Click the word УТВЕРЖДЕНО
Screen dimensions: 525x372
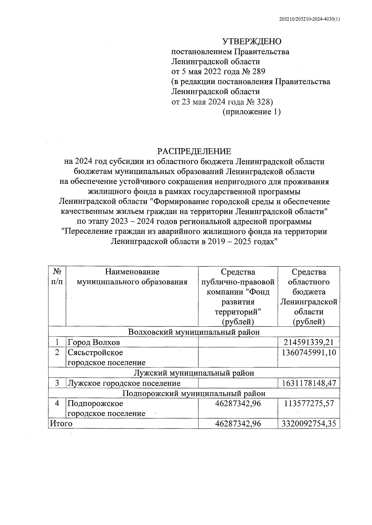(x=252, y=42)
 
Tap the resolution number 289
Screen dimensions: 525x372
(x=259, y=72)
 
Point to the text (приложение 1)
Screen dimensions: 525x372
(x=251, y=112)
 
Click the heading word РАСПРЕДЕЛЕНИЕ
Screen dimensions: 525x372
(x=194, y=151)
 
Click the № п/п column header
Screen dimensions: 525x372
(x=57, y=277)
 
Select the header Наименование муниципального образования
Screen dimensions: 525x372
(x=132, y=277)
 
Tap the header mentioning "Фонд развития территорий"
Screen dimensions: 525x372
(x=238, y=297)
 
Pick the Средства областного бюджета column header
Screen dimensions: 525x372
(x=309, y=297)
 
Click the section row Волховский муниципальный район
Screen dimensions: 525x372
(x=194, y=332)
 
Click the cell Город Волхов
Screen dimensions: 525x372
(x=94, y=342)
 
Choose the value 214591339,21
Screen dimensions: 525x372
(x=308, y=342)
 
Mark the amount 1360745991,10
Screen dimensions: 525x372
(x=309, y=353)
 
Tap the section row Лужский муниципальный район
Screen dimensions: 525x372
(x=194, y=373)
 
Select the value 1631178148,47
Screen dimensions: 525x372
(x=309, y=383)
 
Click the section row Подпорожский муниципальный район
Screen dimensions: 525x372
(x=194, y=393)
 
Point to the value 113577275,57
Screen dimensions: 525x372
(x=309, y=403)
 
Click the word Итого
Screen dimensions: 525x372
(x=61, y=424)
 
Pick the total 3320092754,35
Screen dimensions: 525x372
(x=309, y=424)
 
